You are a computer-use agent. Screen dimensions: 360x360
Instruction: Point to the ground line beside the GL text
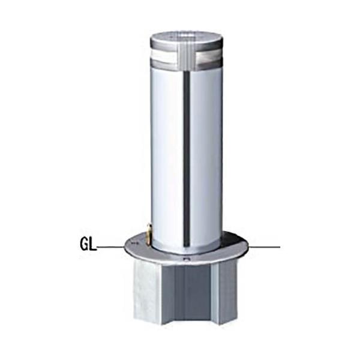[110, 247]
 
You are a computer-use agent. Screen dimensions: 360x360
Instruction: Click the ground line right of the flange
[265, 247]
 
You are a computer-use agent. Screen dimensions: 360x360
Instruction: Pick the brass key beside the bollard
[149, 234]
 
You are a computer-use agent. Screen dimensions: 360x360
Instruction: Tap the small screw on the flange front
[187, 259]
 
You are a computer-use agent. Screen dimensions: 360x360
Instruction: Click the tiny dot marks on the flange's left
[134, 242]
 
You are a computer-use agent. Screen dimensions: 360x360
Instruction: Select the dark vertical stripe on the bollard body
[187, 160]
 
